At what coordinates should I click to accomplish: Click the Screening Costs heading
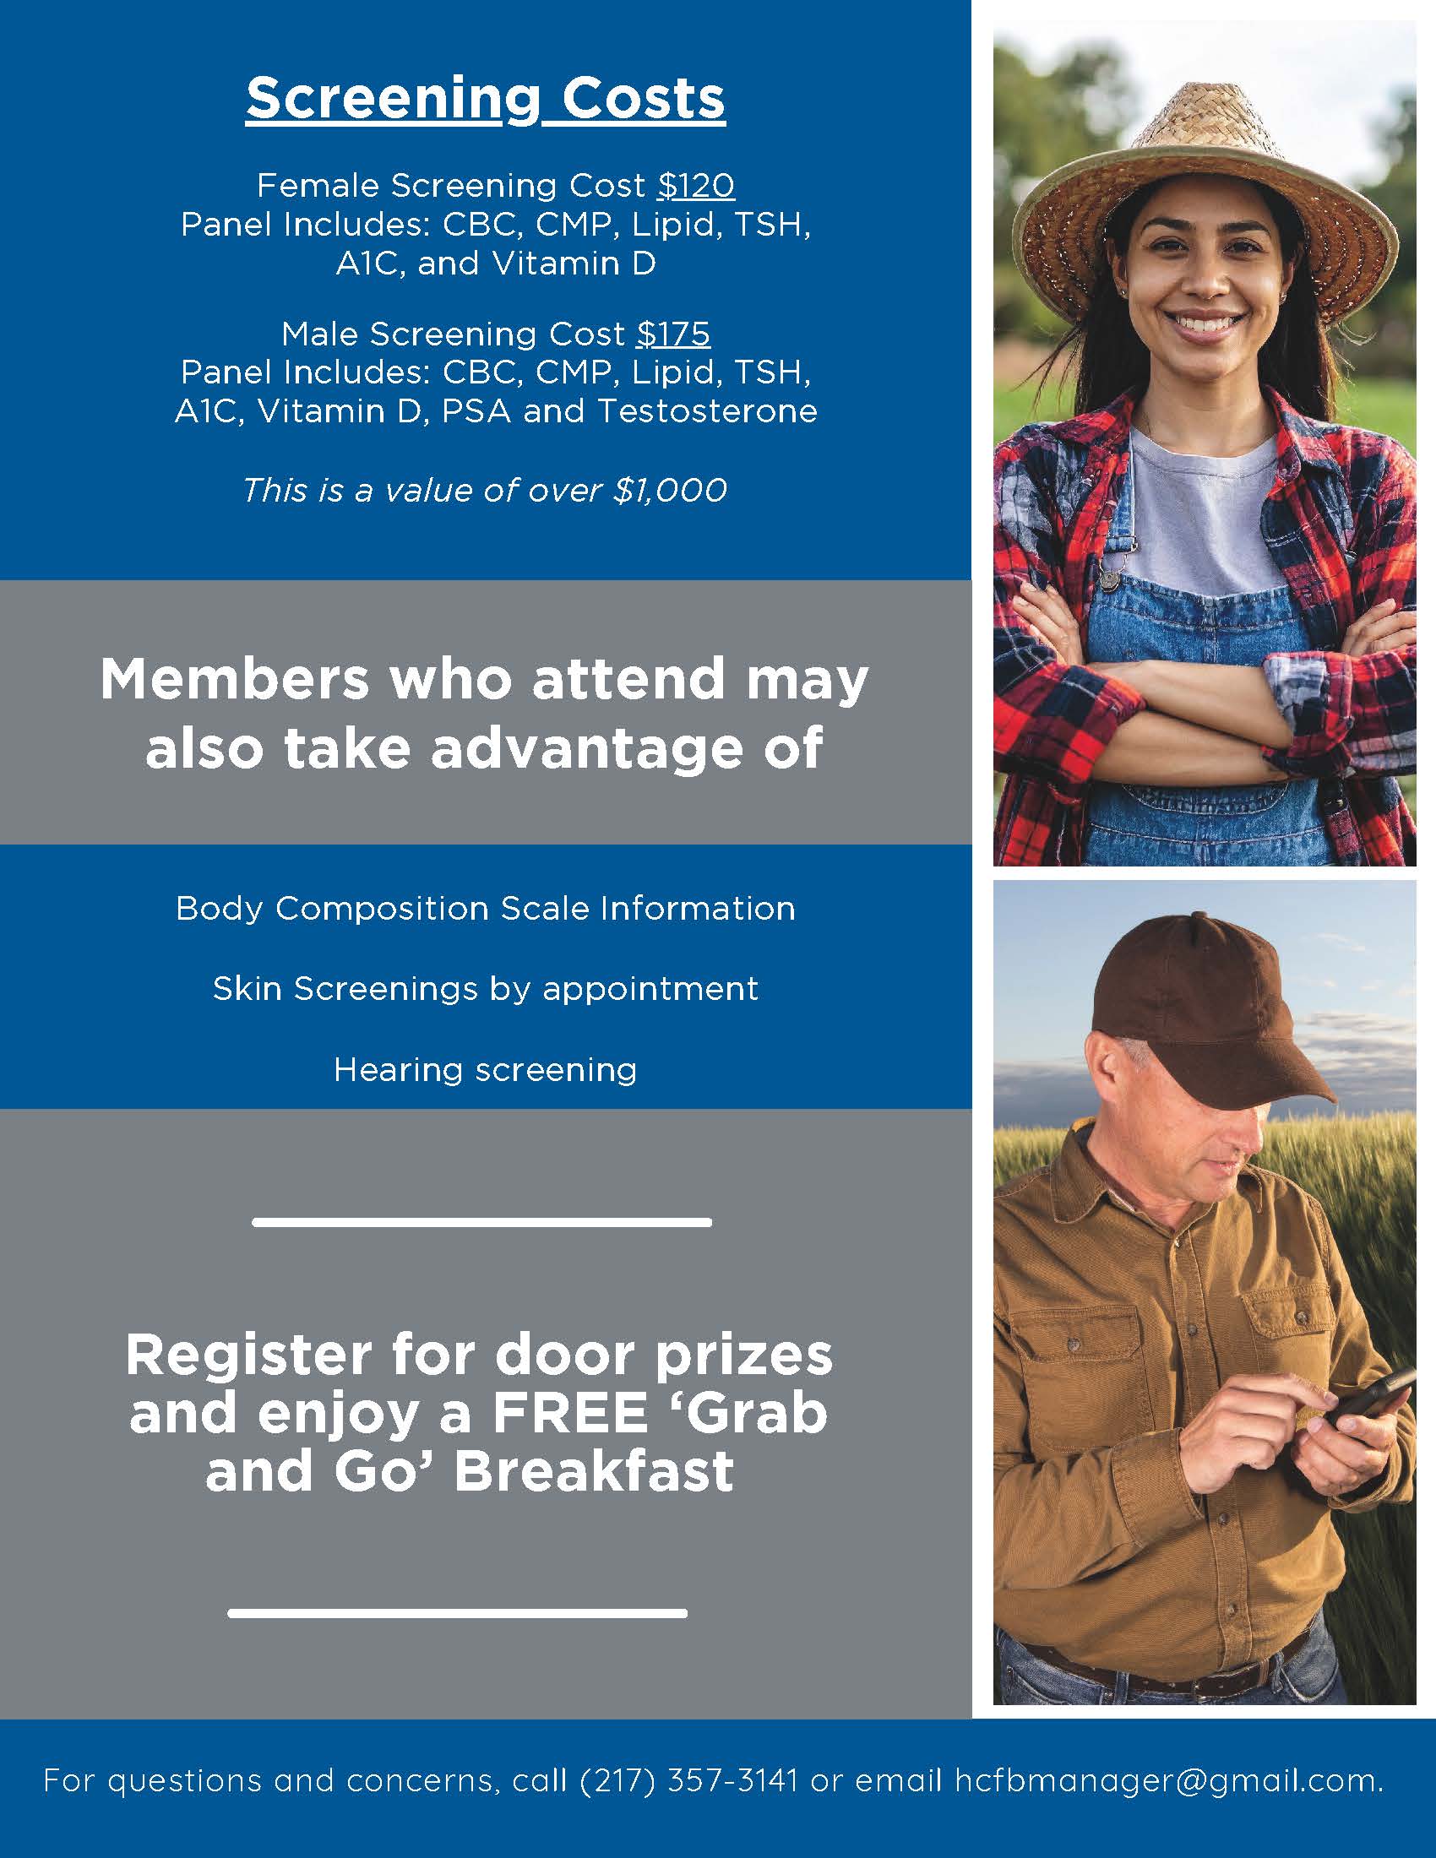pyautogui.click(x=486, y=99)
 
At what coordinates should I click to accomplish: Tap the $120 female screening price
pyautogui.click(x=696, y=186)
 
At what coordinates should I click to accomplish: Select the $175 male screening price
pyautogui.click(x=673, y=334)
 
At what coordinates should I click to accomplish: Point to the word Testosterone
pyautogui.click(x=707, y=412)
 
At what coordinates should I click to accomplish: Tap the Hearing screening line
pyautogui.click(x=485, y=1069)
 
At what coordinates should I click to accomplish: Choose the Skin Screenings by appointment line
pyautogui.click(x=485, y=989)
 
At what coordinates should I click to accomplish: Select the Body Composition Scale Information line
pyautogui.click(x=485, y=909)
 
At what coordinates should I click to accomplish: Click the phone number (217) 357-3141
pyautogui.click(x=689, y=1779)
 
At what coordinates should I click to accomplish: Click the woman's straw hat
pyautogui.click(x=1208, y=170)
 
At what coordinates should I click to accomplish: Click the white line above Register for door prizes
pyautogui.click(x=481, y=1223)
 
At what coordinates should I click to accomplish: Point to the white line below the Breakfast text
pyautogui.click(x=458, y=1613)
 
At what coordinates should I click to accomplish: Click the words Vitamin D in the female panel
pyautogui.click(x=574, y=263)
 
